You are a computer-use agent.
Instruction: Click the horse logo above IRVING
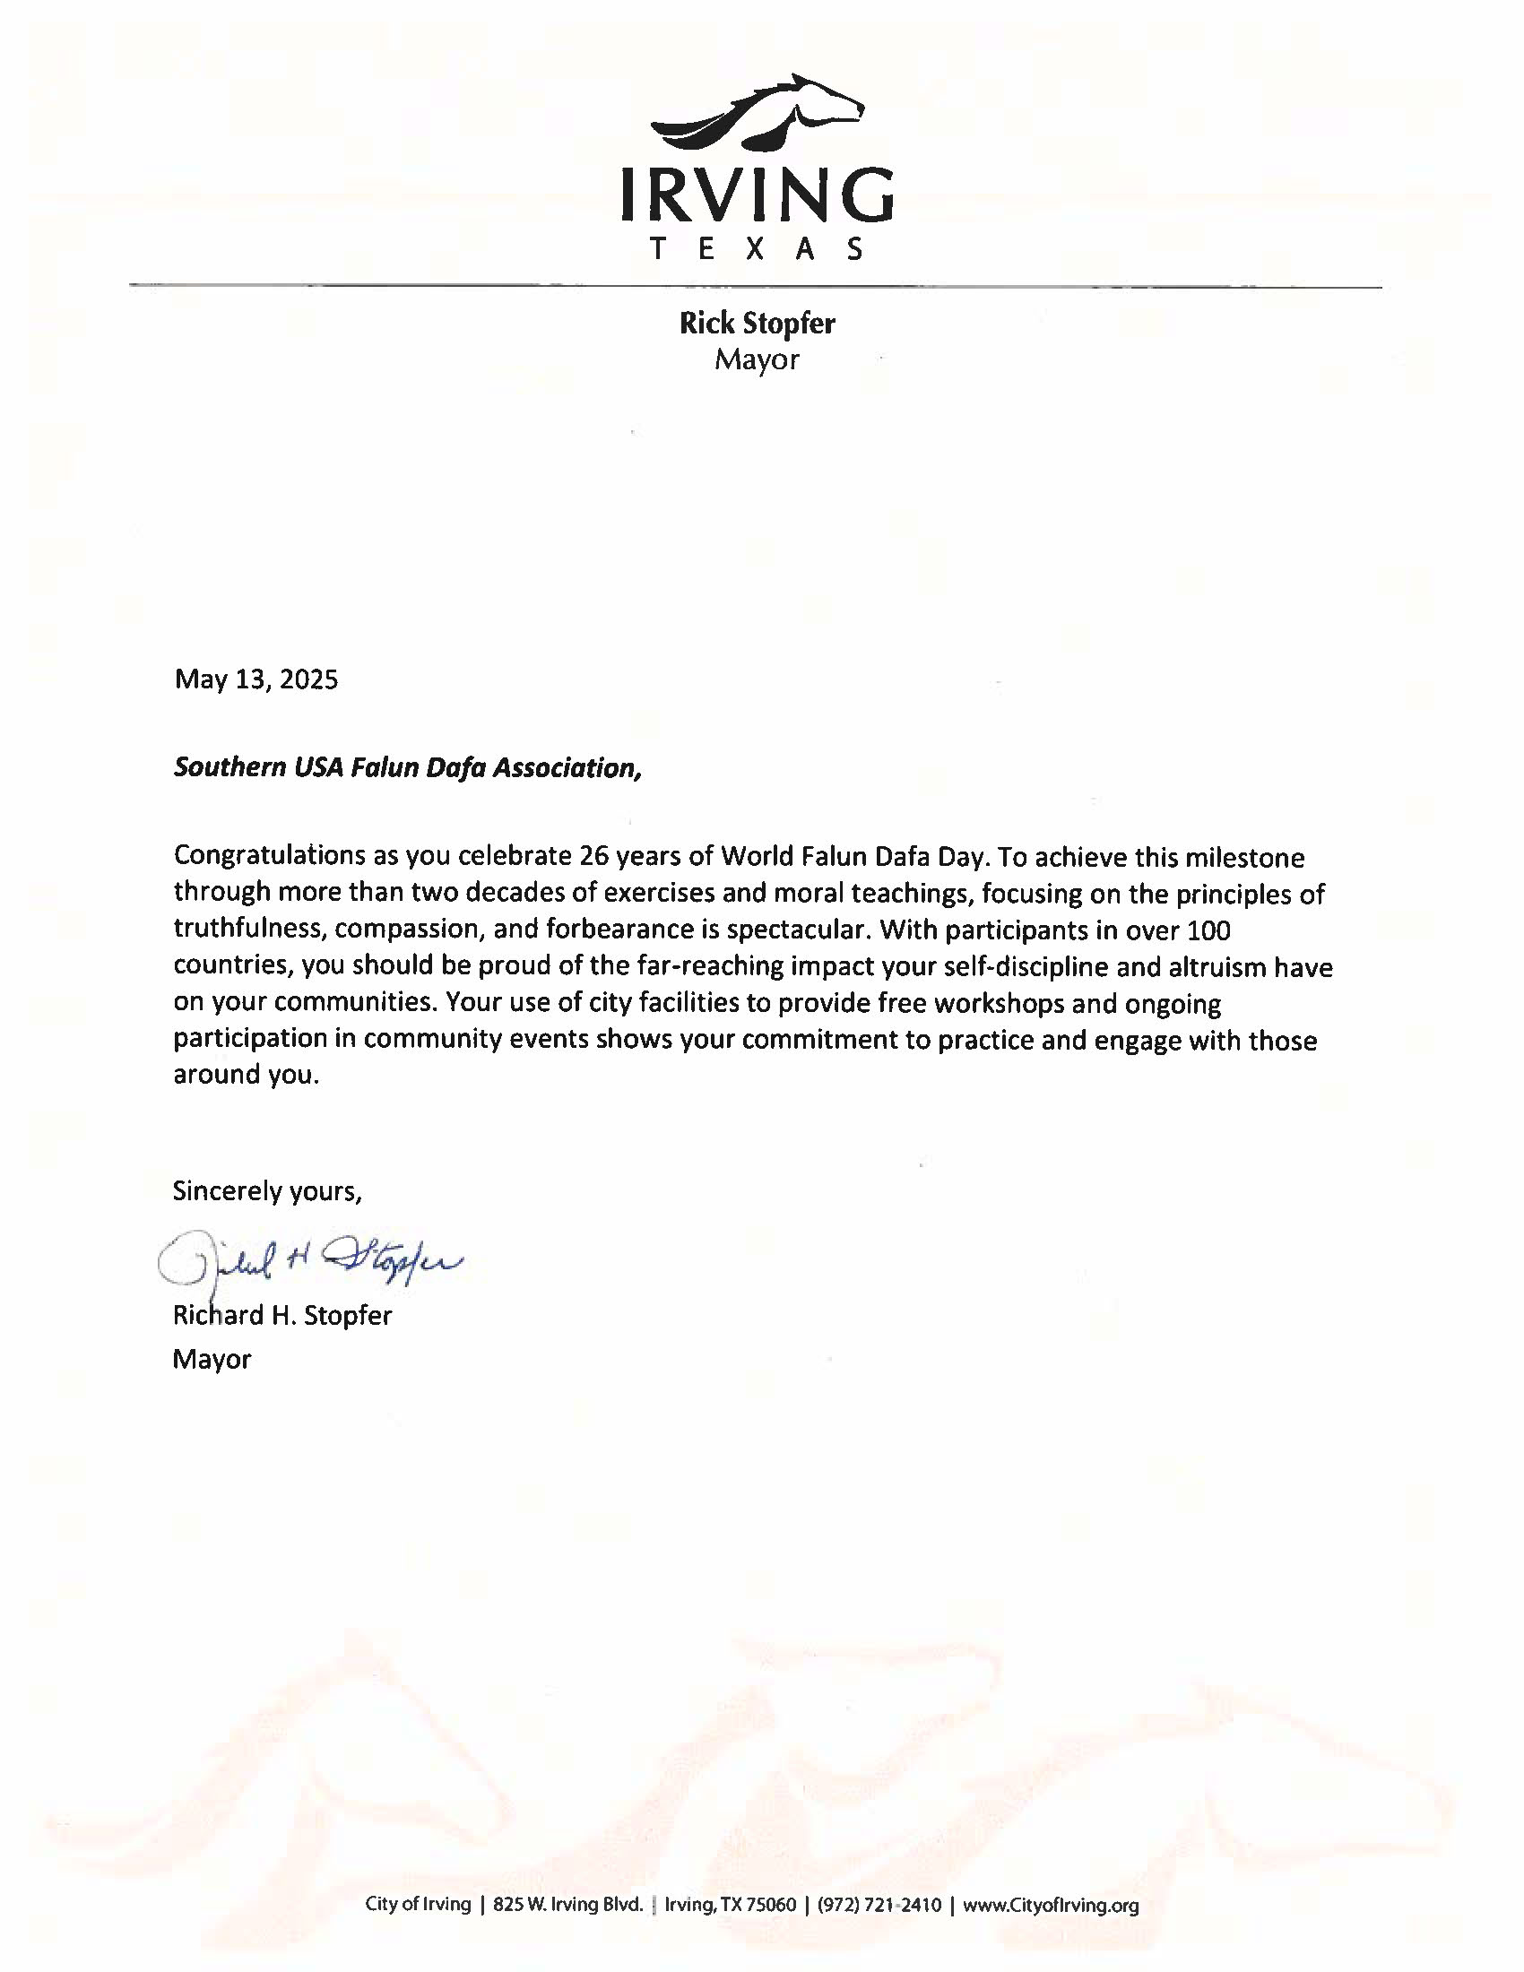coord(757,114)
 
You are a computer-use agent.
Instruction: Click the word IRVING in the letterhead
coord(757,195)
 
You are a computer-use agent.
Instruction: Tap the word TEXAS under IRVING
coord(757,249)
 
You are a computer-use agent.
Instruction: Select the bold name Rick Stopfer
coord(757,324)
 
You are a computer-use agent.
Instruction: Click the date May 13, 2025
coord(256,680)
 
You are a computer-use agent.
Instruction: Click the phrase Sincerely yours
coord(267,1192)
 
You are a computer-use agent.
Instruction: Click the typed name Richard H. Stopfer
coord(281,1315)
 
